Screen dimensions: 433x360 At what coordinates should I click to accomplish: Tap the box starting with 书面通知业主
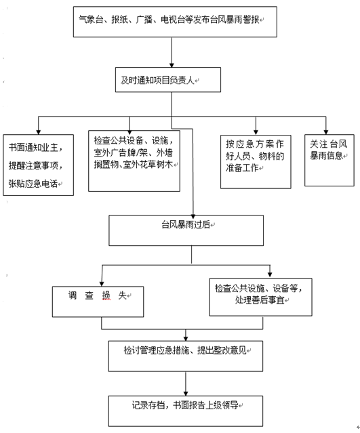coord(39,165)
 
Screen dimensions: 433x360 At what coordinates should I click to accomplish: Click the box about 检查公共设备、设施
coord(134,160)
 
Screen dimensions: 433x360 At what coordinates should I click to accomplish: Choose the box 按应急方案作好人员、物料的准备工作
coord(255,160)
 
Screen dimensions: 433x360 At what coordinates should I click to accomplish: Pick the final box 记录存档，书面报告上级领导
coord(184,409)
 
